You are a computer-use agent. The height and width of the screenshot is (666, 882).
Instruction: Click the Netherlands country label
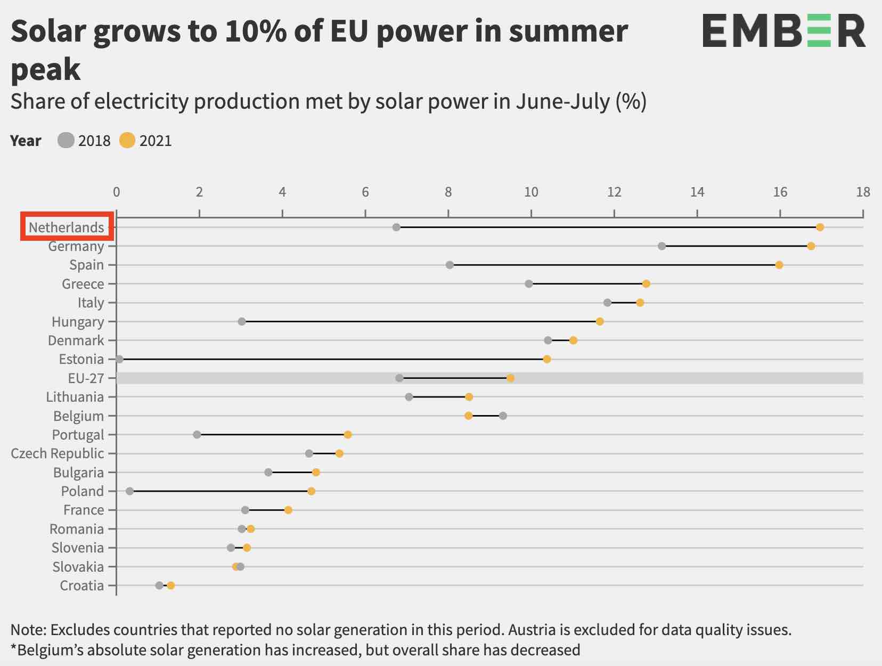pos(67,228)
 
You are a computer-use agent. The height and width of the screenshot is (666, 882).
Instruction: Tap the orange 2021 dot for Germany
pos(811,246)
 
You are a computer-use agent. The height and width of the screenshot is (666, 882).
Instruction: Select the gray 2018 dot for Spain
pos(450,265)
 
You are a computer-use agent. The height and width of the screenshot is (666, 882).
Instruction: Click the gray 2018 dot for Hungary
pos(242,321)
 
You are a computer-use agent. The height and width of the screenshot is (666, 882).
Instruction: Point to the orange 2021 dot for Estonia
pos(546,359)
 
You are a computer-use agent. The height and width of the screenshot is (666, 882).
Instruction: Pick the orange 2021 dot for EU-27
pos(510,378)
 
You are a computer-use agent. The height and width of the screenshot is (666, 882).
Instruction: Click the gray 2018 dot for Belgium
pos(503,416)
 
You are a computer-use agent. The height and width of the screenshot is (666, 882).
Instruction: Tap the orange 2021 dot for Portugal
pos(348,435)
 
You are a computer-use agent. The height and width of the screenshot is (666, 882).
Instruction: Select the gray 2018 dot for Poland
pos(129,491)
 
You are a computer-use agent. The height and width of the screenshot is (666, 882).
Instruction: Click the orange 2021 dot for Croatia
pos(170,586)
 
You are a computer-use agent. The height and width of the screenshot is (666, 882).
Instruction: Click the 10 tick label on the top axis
pos(531,192)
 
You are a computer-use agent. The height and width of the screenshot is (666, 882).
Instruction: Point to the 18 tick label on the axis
pos(863,192)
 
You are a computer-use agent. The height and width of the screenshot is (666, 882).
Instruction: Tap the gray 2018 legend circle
pos(66,141)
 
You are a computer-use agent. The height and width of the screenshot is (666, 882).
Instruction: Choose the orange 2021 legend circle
pos(127,141)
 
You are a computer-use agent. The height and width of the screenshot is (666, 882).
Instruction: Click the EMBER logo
pos(783,31)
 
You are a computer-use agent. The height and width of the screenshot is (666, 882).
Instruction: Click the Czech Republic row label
pos(58,453)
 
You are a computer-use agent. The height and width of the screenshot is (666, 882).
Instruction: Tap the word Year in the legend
pos(26,141)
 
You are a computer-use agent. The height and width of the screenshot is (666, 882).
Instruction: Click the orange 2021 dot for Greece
pos(646,283)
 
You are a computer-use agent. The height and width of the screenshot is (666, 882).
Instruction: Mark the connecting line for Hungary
pos(421,321)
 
